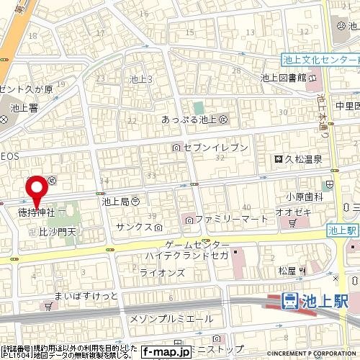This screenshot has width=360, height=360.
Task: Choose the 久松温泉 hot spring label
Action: [300, 160]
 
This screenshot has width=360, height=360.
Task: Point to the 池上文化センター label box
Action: [320, 63]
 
